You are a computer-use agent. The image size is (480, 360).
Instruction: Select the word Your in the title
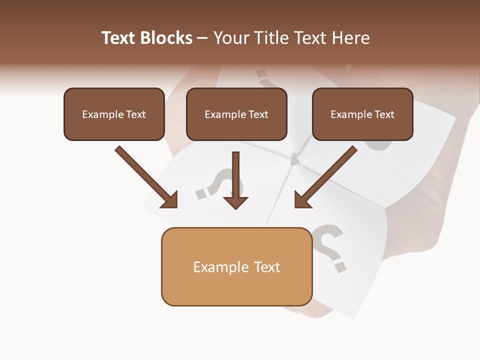click(x=230, y=38)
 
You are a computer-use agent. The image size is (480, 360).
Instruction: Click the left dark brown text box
click(x=114, y=114)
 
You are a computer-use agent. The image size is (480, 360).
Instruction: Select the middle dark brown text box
click(x=236, y=114)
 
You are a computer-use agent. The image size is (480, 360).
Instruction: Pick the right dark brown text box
click(x=362, y=114)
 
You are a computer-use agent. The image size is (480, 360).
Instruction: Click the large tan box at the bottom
click(x=236, y=266)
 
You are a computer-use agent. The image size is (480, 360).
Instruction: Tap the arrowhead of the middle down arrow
click(x=235, y=202)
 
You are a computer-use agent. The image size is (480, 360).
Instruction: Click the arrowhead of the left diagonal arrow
click(x=170, y=200)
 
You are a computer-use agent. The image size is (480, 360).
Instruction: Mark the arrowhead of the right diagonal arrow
click(x=301, y=200)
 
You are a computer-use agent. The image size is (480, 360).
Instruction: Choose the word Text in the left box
click(x=135, y=114)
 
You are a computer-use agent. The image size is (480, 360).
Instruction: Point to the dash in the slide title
click(x=202, y=38)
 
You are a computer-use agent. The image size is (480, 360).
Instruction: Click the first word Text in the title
click(x=120, y=38)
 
